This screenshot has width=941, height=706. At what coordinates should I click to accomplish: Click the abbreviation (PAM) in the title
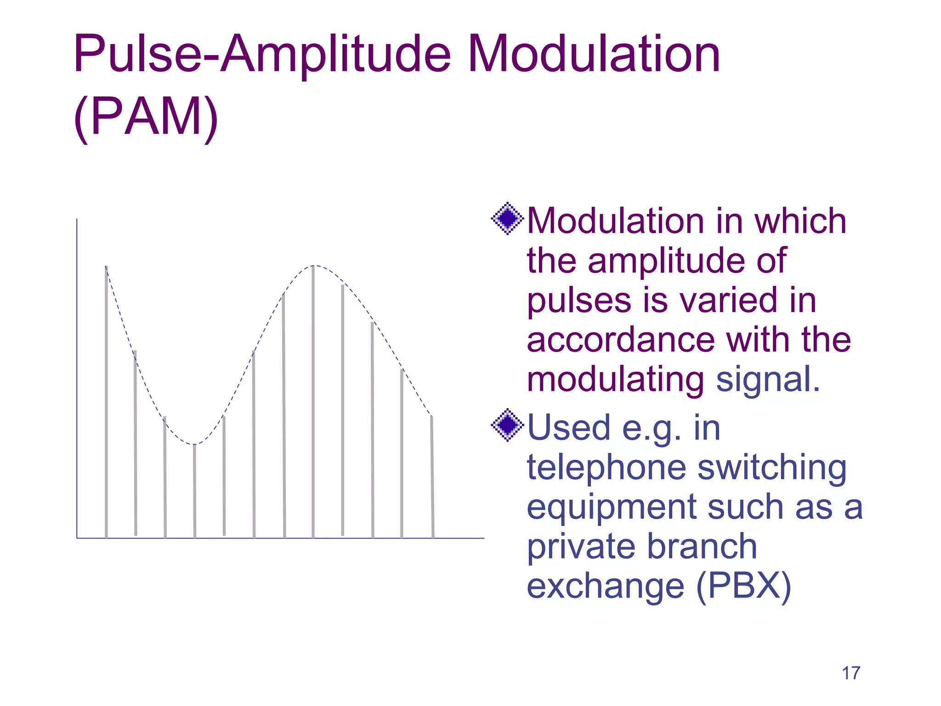pos(146,117)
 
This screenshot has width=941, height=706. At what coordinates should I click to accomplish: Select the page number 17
pos(850,673)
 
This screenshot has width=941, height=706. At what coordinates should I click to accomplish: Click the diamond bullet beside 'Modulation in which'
pos(507,219)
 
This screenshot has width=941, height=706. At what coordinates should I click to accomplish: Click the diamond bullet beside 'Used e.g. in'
pos(507,425)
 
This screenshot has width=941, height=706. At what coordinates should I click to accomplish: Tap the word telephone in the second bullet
pos(607,467)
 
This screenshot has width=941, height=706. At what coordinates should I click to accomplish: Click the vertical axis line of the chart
pos(77,377)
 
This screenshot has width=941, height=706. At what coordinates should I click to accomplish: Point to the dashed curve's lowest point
pos(194,444)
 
